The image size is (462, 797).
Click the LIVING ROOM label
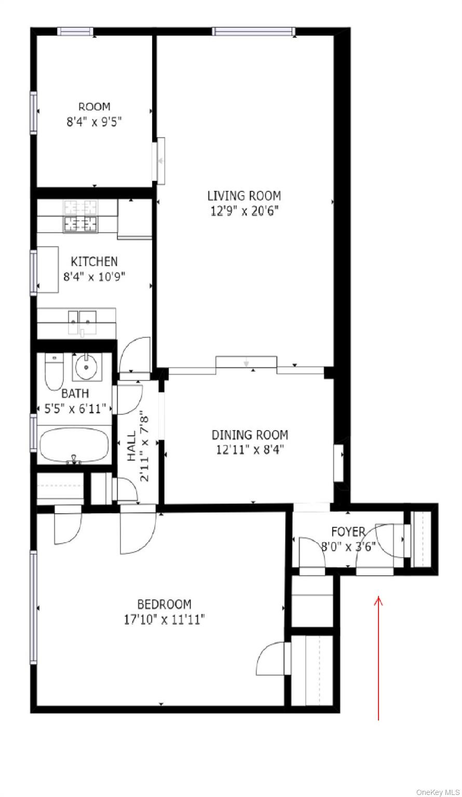[244, 196]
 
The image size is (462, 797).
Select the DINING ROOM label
[249, 435]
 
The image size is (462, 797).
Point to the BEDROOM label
[164, 604]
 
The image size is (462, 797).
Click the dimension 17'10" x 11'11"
[164, 619]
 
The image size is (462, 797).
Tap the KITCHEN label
[94, 262]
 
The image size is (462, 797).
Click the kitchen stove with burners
[80, 224]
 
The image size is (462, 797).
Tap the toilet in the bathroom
[53, 372]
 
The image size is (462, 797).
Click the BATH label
[75, 393]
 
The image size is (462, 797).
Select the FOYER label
[348, 531]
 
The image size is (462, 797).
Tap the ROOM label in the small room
[94, 107]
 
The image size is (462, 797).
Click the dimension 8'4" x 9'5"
[94, 122]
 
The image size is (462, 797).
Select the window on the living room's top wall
[254, 32]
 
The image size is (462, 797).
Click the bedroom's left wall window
[33, 607]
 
